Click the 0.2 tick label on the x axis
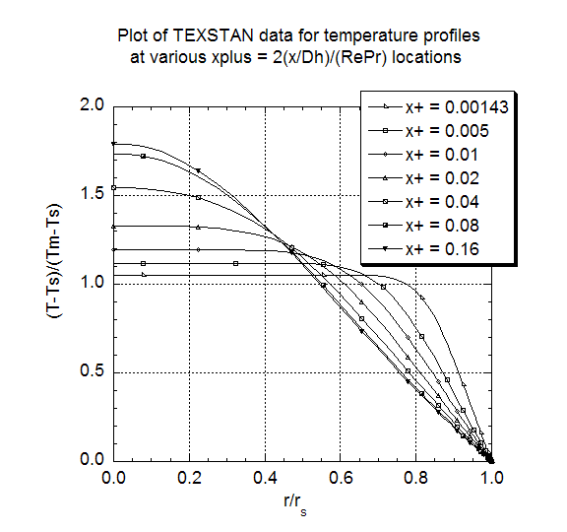(x=189, y=478)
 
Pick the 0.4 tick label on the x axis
(x=265, y=478)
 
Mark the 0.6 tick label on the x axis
(x=340, y=478)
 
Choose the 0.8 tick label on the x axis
(x=415, y=478)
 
